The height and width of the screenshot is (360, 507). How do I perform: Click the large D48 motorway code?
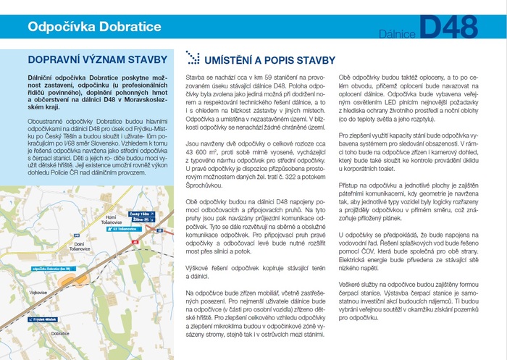tap(448, 27)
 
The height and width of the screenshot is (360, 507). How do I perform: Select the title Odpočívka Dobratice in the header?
tap(94, 28)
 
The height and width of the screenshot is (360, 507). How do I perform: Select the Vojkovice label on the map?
tap(38, 292)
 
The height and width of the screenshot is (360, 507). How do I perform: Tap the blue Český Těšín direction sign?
tap(141, 214)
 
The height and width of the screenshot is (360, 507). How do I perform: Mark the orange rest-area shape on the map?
tap(68, 278)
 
